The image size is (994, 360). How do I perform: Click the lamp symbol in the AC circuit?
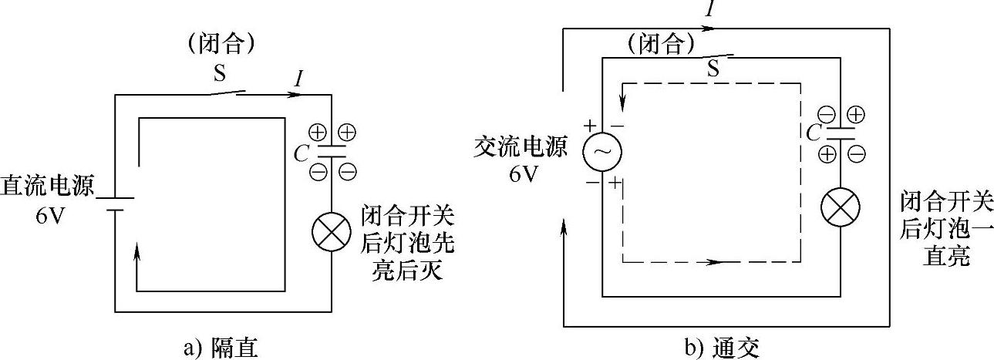[838, 206]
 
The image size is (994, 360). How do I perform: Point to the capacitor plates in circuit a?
[331, 150]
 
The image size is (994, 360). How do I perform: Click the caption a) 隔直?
[220, 348]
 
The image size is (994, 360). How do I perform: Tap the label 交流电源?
[521, 147]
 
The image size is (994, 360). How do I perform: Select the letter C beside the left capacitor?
[302, 151]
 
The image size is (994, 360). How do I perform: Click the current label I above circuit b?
[707, 9]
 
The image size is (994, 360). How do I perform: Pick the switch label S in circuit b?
[713, 69]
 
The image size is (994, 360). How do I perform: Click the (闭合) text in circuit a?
[221, 43]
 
